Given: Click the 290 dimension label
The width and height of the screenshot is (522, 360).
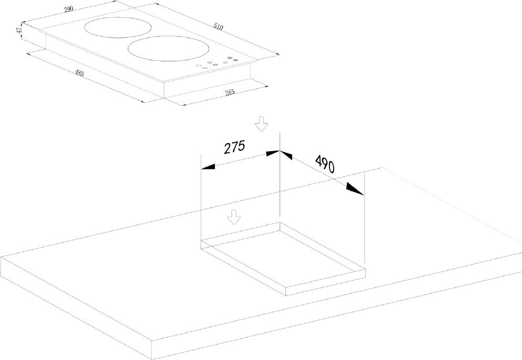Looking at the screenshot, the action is (68, 9).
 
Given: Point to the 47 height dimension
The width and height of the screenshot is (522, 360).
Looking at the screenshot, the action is (19, 30).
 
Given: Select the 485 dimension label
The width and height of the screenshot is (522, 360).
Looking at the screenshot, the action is (79, 73).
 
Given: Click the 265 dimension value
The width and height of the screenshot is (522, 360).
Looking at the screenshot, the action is (230, 92).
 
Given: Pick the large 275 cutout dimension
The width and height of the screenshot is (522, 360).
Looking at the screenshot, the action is (235, 147).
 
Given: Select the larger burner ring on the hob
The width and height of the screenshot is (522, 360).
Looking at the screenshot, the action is (169, 49).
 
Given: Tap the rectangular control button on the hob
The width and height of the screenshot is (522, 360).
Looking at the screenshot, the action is (205, 68).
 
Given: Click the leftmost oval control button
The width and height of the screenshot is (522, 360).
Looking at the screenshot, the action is (198, 65).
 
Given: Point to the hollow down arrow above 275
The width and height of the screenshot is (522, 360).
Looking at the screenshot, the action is (261, 124).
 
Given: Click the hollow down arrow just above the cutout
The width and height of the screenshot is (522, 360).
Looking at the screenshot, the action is (233, 217).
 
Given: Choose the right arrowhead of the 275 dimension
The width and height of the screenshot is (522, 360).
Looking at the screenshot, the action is (272, 153).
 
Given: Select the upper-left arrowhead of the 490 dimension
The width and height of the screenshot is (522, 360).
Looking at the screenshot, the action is (285, 155).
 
